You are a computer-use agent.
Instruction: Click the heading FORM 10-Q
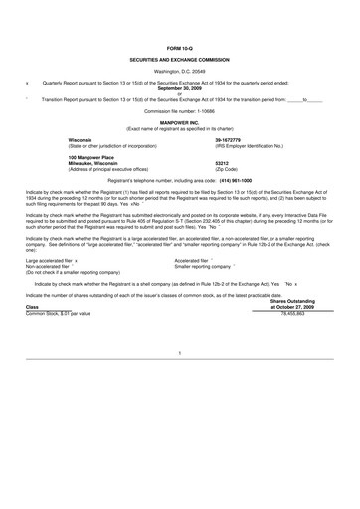180,48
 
